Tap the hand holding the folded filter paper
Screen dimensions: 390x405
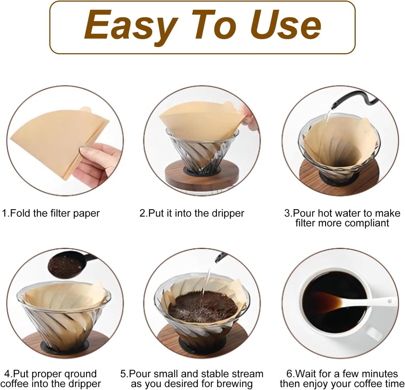pos(97,162)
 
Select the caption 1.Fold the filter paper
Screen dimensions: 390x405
pos(51,213)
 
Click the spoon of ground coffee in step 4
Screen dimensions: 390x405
pos(66,266)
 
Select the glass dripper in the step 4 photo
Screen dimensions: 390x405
pos(63,317)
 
